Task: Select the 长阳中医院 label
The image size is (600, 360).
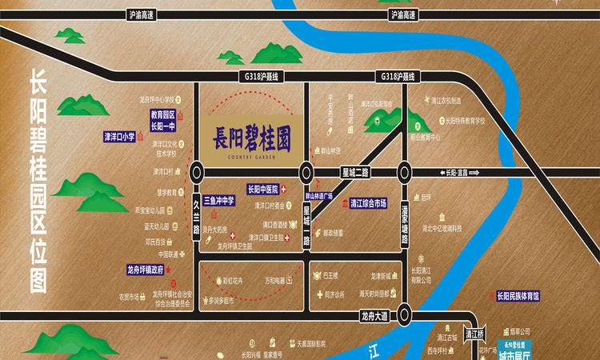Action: click(262, 190)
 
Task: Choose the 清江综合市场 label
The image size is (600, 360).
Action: click(368, 203)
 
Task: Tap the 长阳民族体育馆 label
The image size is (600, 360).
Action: click(518, 295)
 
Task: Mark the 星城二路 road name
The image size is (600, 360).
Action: click(354, 172)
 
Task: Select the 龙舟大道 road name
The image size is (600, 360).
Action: click(374, 314)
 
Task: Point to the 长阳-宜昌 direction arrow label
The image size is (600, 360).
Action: click(462, 173)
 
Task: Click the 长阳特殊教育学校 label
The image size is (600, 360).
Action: click(464, 121)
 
